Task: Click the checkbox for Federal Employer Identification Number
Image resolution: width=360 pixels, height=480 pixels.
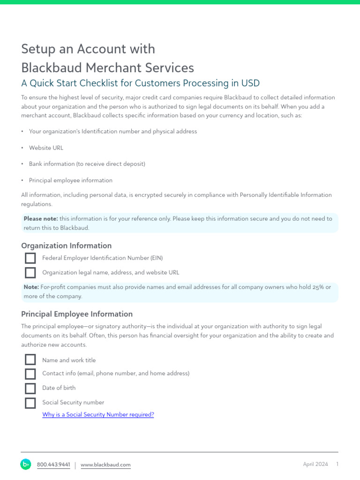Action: [x=30, y=258]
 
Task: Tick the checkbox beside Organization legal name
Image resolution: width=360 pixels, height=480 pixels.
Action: [x=30, y=272]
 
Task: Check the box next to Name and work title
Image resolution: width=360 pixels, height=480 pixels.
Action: [x=30, y=360]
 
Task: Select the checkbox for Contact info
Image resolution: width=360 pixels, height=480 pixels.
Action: [x=30, y=374]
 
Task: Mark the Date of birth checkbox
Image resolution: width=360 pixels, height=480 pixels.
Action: [x=30, y=388]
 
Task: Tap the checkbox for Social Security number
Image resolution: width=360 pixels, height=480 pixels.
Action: [x=30, y=403]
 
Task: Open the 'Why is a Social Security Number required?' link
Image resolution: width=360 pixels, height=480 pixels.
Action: [x=98, y=415]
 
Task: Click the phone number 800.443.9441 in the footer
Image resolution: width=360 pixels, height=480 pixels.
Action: [x=53, y=465]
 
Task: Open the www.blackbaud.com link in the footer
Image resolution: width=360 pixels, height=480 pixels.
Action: [x=105, y=465]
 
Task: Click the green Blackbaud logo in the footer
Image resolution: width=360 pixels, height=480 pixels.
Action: [x=25, y=465]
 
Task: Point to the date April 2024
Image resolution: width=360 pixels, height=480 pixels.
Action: [x=315, y=465]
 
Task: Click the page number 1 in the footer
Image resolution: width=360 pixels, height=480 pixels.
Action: [x=337, y=465]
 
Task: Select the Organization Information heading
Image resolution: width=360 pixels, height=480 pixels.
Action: [x=66, y=246]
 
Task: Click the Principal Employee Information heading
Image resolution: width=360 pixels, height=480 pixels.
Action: [x=77, y=314]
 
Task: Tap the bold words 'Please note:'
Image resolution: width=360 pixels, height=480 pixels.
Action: [x=41, y=219]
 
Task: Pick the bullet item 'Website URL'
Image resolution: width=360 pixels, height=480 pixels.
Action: [x=46, y=148]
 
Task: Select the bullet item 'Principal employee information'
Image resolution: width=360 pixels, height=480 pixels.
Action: [x=71, y=180]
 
